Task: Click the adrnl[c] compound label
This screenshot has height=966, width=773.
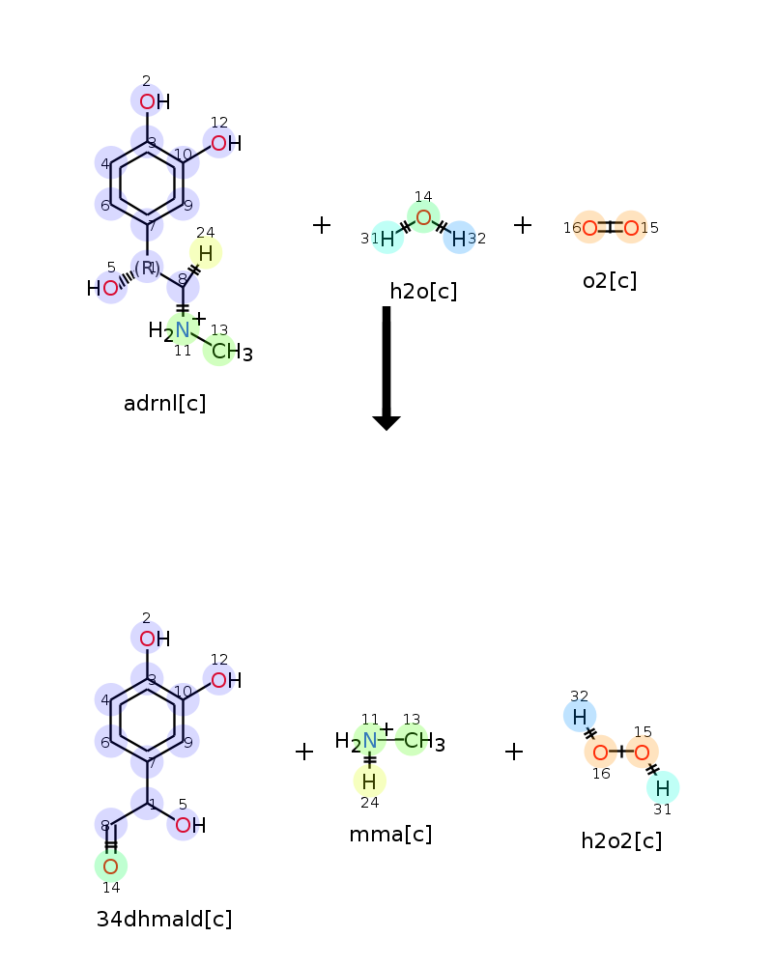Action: (164, 404)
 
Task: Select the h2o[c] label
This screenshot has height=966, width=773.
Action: (423, 292)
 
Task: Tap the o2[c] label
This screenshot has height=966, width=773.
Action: (610, 281)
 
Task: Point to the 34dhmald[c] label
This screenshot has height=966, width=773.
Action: (164, 920)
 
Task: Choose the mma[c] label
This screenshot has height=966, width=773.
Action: (390, 835)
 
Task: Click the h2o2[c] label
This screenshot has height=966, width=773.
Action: (621, 841)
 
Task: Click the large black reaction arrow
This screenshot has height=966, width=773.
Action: (386, 368)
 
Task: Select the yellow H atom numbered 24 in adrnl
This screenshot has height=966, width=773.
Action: (206, 253)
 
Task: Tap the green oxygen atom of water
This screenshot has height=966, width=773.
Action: (423, 217)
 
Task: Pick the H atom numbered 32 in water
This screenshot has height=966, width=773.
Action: (459, 239)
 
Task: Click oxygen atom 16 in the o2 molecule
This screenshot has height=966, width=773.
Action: (590, 229)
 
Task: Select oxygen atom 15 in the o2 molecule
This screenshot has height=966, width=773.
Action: (631, 229)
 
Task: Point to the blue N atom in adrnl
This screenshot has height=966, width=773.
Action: (183, 330)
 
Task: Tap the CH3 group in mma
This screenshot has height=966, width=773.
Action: (424, 741)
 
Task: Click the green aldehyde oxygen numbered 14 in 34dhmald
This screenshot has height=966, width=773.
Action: (111, 867)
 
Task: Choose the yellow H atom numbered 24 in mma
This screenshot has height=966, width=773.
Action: (369, 781)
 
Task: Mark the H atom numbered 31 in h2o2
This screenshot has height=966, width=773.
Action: (663, 788)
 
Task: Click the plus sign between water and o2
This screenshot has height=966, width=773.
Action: (523, 225)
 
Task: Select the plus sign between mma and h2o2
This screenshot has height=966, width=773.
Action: (514, 752)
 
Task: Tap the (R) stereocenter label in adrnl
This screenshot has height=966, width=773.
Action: (147, 268)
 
